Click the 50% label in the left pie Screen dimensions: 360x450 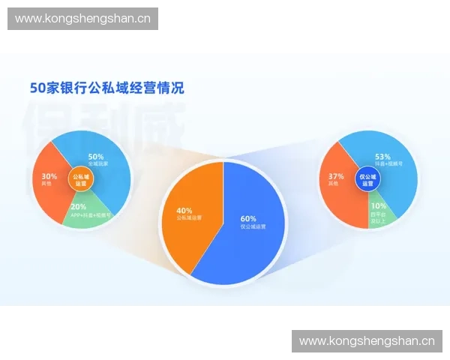95,156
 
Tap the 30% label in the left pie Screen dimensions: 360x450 49,176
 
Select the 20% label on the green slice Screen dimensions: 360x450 78,206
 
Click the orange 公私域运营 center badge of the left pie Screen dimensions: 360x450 79,179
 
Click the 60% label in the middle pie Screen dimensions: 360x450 248,218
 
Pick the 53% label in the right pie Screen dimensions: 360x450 383,157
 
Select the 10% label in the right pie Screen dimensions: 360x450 379,205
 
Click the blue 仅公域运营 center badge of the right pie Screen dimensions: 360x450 367,179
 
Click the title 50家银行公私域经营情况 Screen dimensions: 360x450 106,88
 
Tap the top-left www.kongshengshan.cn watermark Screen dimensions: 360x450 84,18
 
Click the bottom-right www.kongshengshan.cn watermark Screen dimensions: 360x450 367,341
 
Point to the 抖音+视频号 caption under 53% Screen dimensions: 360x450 388,164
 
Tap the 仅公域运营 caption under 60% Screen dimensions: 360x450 253,226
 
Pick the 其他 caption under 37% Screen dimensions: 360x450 334,184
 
